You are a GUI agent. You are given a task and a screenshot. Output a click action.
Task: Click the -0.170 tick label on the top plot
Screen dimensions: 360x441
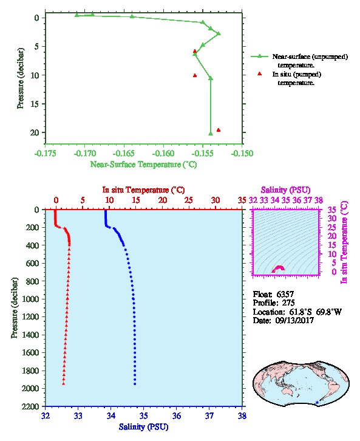click(x=84, y=154)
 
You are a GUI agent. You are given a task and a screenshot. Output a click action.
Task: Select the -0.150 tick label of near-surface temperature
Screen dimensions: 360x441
click(x=242, y=154)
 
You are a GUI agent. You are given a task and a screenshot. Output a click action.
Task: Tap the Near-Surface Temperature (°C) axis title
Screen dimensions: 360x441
click(x=143, y=165)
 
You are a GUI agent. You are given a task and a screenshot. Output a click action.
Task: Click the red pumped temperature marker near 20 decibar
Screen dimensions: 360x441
click(x=219, y=130)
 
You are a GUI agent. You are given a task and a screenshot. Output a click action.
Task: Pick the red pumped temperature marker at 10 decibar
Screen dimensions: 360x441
click(x=195, y=75)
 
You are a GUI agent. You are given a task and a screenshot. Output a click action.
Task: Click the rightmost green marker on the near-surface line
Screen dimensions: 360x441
click(x=219, y=33)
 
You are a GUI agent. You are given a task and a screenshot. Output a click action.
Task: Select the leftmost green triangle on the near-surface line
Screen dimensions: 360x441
click(x=76, y=15)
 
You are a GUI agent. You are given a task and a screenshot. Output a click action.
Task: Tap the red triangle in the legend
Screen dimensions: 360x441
click(x=259, y=73)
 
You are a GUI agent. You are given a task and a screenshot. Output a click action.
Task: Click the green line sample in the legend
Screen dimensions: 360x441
click(x=259, y=56)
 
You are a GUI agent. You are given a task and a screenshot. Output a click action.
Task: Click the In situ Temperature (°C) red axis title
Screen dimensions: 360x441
click(x=143, y=190)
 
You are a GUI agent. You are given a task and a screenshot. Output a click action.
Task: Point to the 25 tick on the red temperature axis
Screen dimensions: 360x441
click(x=189, y=200)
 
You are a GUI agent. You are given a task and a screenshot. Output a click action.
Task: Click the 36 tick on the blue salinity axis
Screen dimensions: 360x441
click(x=177, y=415)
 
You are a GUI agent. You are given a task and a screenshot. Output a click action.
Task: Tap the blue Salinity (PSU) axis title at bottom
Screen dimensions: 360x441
click(x=143, y=427)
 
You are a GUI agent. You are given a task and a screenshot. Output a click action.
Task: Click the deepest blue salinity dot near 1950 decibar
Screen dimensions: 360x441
click(x=135, y=384)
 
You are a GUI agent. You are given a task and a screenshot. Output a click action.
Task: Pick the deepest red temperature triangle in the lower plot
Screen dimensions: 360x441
click(x=64, y=383)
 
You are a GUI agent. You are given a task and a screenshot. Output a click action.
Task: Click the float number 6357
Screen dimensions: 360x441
click(x=285, y=295)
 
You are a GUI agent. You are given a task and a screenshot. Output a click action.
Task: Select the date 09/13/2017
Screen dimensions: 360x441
click(x=294, y=320)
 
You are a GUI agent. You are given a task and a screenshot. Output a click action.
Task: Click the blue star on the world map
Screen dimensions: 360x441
click(x=317, y=403)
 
